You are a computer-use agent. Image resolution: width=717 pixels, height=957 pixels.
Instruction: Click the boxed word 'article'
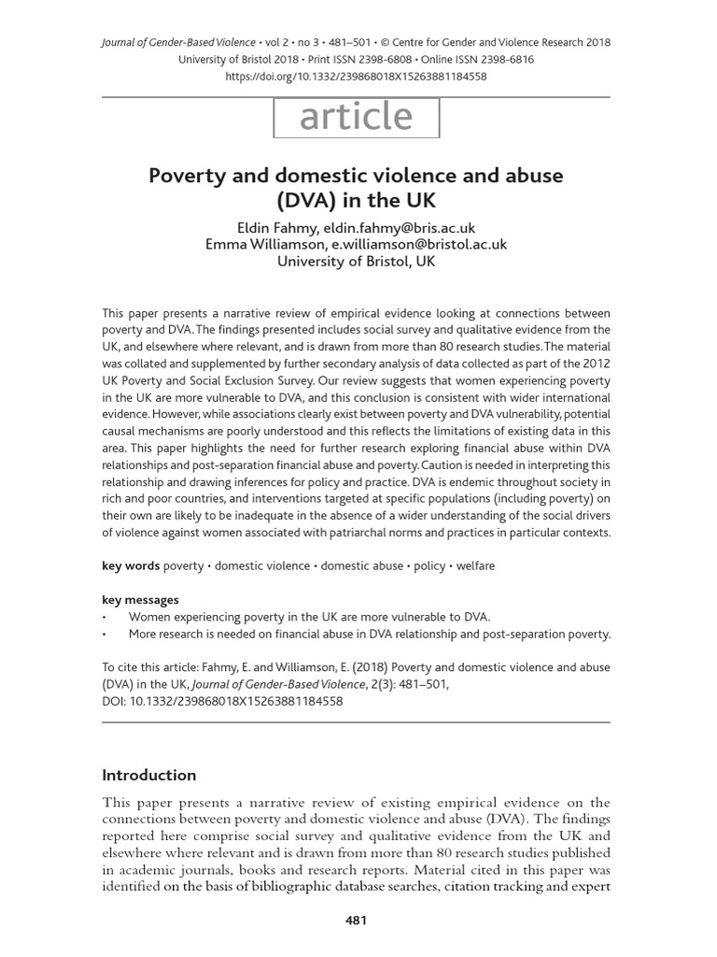pos(356,117)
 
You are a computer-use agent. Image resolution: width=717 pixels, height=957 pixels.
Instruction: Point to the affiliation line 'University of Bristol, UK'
pos(356,261)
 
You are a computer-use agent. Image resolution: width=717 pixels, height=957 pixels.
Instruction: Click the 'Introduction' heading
pos(148,775)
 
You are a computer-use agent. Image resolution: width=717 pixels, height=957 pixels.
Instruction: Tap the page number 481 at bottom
pos(356,920)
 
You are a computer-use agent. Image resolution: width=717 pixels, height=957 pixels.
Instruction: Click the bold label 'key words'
pos(130,565)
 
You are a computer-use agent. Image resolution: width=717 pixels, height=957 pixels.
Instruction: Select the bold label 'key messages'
pos(140,600)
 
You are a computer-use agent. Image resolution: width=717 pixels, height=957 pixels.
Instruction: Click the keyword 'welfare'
pos(476,565)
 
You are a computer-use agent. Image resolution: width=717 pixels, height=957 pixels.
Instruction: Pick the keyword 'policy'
pos(430,565)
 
